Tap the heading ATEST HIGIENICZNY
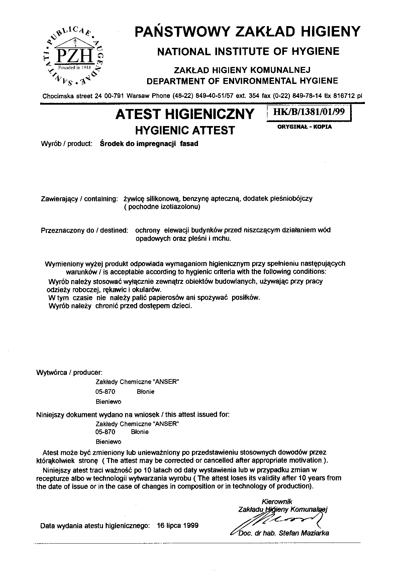click(185, 114)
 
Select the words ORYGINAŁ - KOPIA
click(305, 127)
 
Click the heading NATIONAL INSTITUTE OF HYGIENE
click(248, 51)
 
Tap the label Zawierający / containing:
click(79, 199)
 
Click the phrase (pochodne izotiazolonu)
click(162, 207)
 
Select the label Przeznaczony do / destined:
click(84, 230)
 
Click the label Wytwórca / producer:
click(69, 372)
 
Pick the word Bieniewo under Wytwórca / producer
click(108, 401)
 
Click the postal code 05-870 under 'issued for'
click(105, 432)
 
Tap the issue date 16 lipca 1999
click(177, 526)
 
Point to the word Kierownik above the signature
click(277, 501)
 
